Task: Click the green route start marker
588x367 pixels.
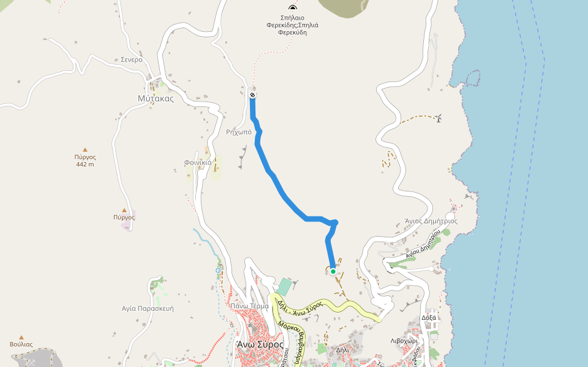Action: tap(333, 271)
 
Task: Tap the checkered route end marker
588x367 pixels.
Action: tap(252, 95)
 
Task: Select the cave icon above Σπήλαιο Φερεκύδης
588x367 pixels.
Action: tap(292, 7)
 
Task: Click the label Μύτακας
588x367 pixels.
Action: tap(156, 98)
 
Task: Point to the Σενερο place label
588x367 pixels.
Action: tap(131, 60)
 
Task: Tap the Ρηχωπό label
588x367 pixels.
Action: tap(238, 132)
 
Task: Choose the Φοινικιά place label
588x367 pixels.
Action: tap(198, 163)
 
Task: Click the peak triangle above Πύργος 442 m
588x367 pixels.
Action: tap(85, 149)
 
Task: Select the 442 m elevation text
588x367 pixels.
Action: tap(85, 165)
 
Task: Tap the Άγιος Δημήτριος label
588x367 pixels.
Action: tap(431, 221)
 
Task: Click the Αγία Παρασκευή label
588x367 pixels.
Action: tap(148, 309)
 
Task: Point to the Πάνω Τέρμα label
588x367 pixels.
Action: tap(249, 306)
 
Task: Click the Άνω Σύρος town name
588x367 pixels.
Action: tap(260, 344)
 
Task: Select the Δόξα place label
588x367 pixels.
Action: tap(429, 318)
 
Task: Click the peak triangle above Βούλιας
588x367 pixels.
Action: tap(21, 337)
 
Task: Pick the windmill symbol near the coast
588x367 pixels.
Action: tap(439, 118)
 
